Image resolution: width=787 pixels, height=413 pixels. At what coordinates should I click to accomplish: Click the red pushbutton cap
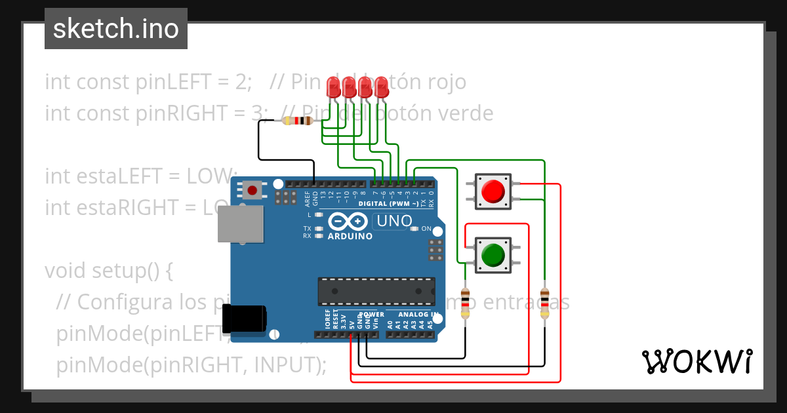tap(493, 191)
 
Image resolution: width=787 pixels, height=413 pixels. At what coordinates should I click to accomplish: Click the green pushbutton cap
tap(493, 254)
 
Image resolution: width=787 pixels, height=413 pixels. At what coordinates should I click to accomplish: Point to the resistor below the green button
tap(466, 302)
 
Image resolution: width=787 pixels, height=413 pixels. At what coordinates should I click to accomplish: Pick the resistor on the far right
tap(544, 302)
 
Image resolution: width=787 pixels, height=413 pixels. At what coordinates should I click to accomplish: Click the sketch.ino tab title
tap(116, 29)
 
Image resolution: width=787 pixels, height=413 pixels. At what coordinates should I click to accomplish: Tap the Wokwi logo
tap(696, 361)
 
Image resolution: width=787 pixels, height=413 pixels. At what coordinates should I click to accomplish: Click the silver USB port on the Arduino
tap(239, 224)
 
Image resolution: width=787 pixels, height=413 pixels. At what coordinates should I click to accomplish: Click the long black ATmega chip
tap(376, 291)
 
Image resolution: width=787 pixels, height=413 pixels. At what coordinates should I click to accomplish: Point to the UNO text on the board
tap(393, 222)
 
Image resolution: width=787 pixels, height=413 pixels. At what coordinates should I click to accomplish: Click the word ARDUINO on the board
tap(350, 236)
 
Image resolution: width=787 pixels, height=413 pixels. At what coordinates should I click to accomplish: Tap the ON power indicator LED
tap(414, 229)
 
